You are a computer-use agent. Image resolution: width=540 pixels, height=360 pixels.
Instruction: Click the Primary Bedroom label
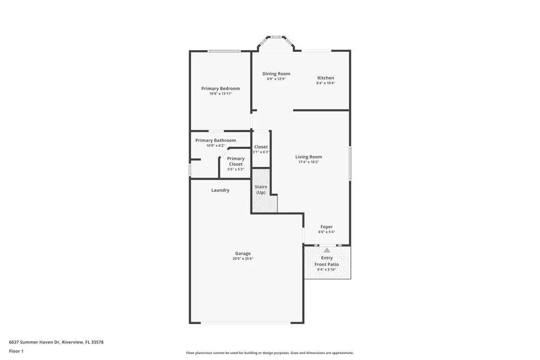pyautogui.click(x=220, y=89)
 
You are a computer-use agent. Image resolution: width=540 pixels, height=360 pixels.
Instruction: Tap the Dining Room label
pyautogui.click(x=276, y=74)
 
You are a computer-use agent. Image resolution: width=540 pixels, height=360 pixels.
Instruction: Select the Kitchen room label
pyautogui.click(x=325, y=78)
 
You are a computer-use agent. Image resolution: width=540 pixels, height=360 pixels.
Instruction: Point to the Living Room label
pyautogui.click(x=308, y=157)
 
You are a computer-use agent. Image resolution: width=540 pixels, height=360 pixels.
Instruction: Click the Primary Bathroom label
pyautogui.click(x=215, y=140)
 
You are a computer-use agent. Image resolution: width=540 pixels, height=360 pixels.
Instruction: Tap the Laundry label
pyautogui.click(x=220, y=190)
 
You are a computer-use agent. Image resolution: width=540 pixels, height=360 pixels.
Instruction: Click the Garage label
pyautogui.click(x=242, y=254)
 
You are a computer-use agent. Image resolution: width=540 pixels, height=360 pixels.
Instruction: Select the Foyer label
pyautogui.click(x=326, y=227)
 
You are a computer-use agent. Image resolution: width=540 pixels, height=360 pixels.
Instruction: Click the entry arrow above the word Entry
pyautogui.click(x=327, y=250)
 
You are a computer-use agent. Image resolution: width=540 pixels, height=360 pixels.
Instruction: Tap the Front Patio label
pyautogui.click(x=327, y=264)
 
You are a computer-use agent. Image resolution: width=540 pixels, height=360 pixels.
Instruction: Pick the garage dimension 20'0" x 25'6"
pyautogui.click(x=242, y=259)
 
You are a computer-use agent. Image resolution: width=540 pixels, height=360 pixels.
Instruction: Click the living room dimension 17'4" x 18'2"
pyautogui.click(x=308, y=162)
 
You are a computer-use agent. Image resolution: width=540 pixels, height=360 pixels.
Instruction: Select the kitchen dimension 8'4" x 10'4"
pyautogui.click(x=325, y=83)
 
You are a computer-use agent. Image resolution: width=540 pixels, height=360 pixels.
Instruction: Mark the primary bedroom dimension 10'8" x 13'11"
pyautogui.click(x=220, y=94)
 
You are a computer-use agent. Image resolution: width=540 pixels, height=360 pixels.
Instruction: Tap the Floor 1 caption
pyautogui.click(x=16, y=351)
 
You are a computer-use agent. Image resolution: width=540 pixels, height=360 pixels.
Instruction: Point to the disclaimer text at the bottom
pyautogui.click(x=270, y=353)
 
